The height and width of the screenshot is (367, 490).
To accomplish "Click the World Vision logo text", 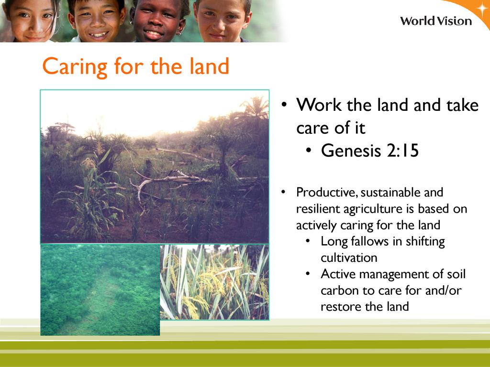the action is click(436, 21).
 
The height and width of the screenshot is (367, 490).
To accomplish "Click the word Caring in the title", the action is click(75, 66).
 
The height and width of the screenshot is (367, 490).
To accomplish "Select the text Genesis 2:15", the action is click(370, 151).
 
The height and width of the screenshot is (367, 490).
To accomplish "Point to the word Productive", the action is click(327, 192).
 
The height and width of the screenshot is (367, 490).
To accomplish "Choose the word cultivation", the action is click(349, 258).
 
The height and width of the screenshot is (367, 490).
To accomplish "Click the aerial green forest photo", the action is click(100, 290).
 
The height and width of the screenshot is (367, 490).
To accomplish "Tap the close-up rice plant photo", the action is click(214, 282).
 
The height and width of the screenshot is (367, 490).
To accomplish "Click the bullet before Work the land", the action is click(284, 105).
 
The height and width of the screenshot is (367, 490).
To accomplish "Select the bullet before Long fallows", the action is click(308, 241).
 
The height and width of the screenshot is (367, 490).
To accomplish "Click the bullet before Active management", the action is click(308, 274).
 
